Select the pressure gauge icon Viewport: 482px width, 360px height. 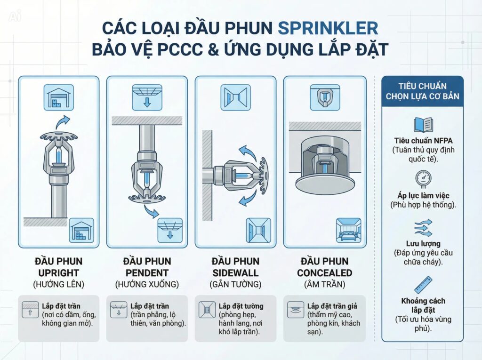(422, 179)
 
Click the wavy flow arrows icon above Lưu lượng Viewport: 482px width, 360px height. (422, 228)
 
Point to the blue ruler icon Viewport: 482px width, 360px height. (422, 284)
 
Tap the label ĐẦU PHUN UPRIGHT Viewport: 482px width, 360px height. (58, 267)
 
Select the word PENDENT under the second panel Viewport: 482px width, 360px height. (146, 273)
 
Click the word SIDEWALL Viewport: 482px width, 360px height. (235, 273)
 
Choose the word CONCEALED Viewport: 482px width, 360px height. (324, 273)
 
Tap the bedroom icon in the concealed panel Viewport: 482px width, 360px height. (348, 230)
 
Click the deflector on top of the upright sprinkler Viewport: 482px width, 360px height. (58, 137)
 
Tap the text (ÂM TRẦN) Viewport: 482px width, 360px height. (324, 284)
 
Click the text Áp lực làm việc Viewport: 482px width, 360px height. (422, 196)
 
